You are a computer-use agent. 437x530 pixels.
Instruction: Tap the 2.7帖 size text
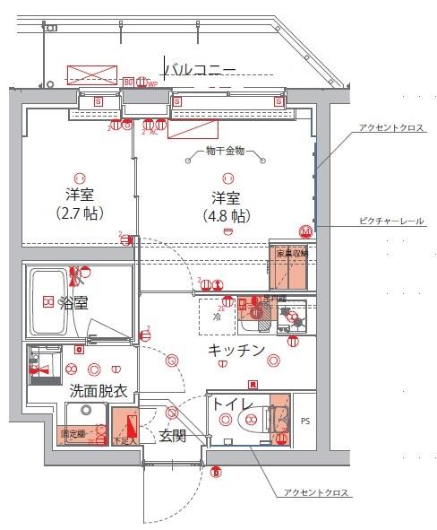coord(80,213)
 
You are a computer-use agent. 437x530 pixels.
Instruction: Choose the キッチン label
coord(236,350)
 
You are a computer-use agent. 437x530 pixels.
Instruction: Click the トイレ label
coord(231,404)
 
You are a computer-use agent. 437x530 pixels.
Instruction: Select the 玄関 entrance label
coord(172,436)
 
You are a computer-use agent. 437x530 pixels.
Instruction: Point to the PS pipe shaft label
coord(305,421)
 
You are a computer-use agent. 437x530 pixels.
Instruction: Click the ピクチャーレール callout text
coord(391,221)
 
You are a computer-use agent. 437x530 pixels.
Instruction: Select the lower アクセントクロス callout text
coord(316,493)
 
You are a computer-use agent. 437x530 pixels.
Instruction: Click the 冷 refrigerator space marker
coord(217,317)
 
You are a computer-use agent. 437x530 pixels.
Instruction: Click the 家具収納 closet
coord(287,259)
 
